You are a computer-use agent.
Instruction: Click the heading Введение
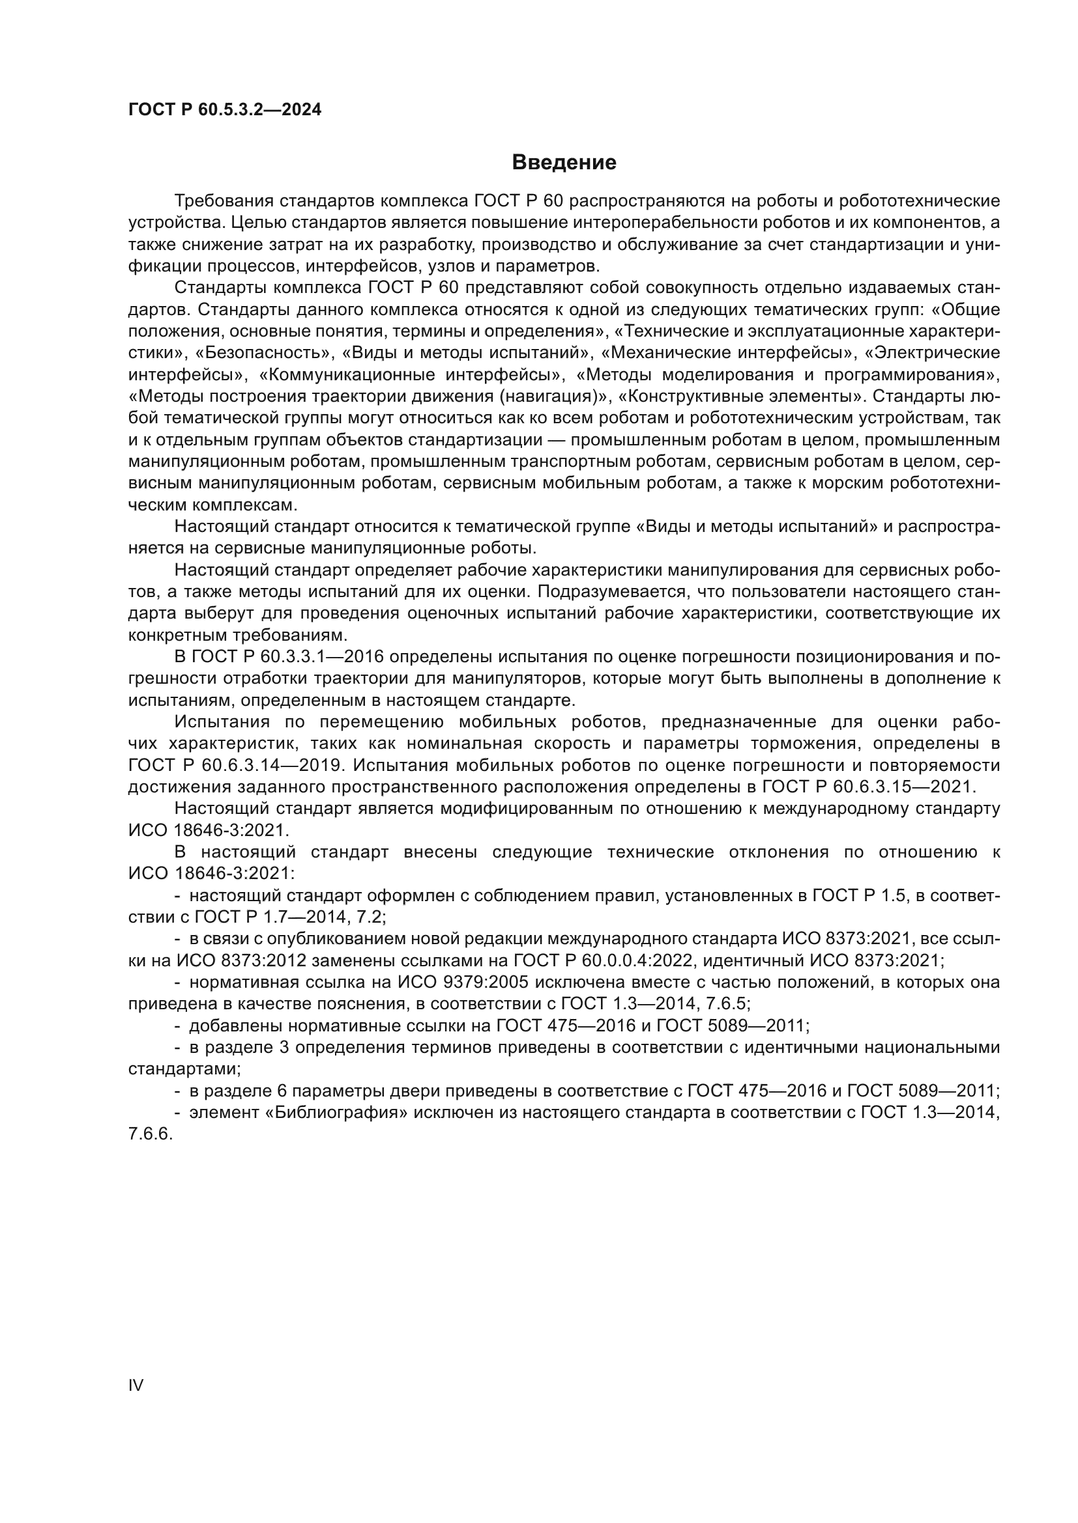coord(564,163)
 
